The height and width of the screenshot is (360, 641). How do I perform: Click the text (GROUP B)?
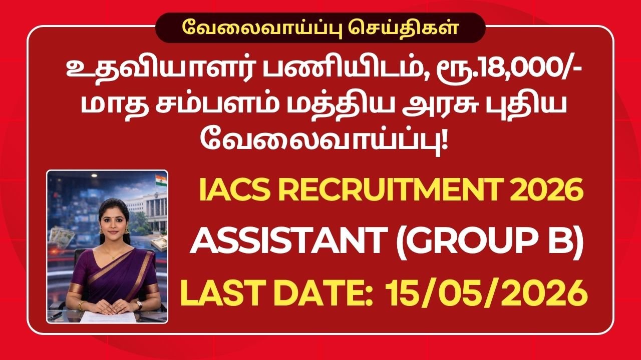490,243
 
